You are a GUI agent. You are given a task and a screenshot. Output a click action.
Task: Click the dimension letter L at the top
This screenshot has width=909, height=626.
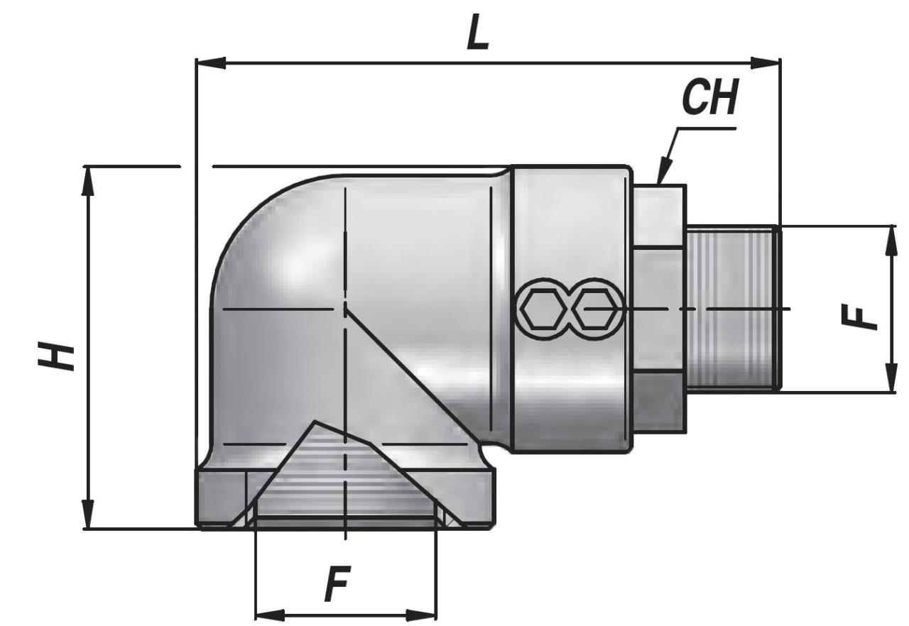478,32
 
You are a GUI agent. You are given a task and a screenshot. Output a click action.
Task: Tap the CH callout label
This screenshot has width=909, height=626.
709,97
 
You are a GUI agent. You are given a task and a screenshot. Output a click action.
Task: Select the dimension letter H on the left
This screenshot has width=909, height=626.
56,356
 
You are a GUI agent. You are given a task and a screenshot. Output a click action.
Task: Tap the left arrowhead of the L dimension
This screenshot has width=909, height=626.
211,63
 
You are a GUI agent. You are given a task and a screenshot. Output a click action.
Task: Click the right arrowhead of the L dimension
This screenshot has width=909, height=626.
766,63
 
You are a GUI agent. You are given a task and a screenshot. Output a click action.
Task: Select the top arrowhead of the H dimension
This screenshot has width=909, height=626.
87,181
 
